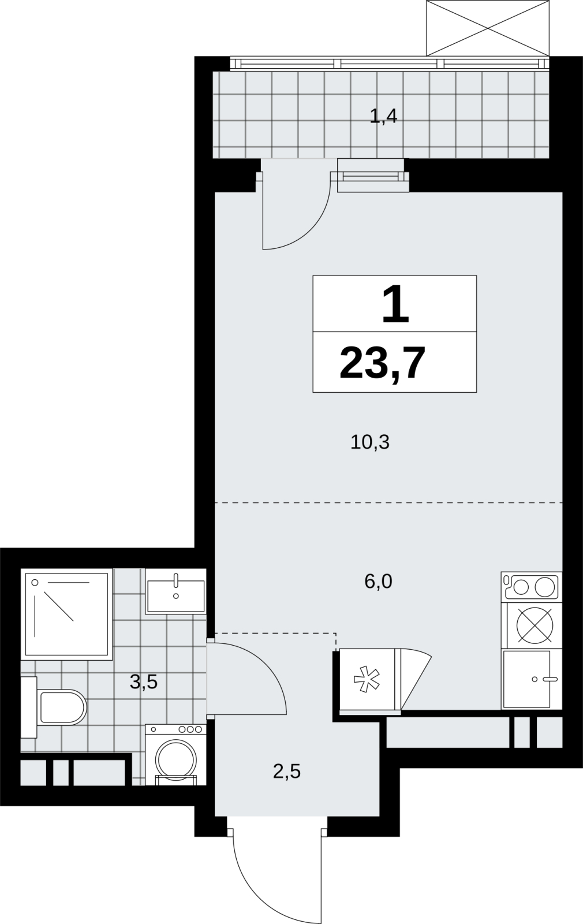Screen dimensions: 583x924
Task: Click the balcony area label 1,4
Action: click(383, 117)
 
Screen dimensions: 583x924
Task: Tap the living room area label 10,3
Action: click(370, 442)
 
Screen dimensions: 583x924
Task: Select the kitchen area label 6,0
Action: click(378, 582)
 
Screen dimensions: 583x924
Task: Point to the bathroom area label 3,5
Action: click(144, 682)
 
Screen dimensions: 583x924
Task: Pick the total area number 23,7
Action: click(382, 363)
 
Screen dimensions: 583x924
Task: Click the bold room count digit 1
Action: click(395, 305)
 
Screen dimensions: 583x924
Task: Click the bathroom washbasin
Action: click(176, 591)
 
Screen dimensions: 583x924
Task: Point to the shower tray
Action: click(67, 614)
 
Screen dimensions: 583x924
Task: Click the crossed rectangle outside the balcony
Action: click(487, 28)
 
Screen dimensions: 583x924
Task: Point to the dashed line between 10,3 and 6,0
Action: click(389, 503)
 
